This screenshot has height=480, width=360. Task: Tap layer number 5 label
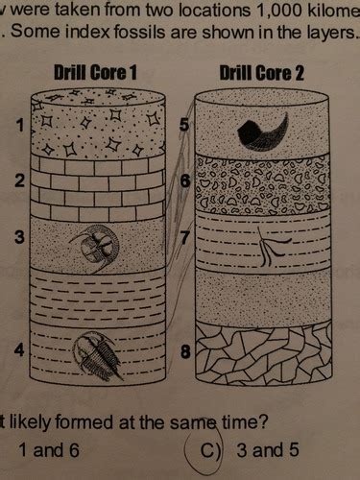186,124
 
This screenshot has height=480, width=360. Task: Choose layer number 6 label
186,180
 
